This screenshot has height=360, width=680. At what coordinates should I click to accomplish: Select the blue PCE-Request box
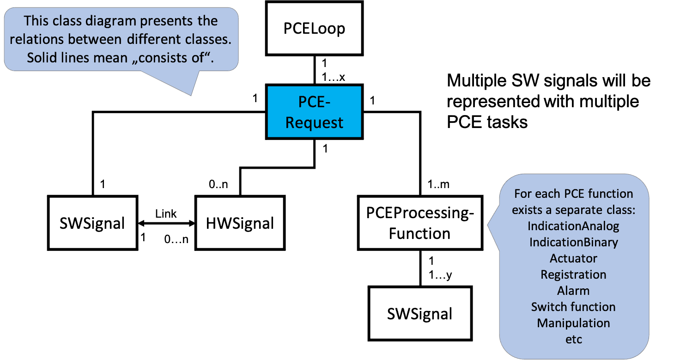(x=314, y=112)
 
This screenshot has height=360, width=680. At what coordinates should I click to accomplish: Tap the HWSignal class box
(x=239, y=223)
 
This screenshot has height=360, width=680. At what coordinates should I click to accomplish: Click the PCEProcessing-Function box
(x=419, y=223)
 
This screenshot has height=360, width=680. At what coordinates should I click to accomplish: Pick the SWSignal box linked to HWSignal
(x=92, y=223)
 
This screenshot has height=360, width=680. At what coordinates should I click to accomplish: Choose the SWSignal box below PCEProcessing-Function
(x=419, y=314)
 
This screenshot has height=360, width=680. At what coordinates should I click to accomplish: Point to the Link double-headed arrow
(x=166, y=223)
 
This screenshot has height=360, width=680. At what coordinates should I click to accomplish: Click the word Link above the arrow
(x=166, y=214)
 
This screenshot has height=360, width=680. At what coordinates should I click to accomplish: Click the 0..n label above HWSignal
(x=219, y=184)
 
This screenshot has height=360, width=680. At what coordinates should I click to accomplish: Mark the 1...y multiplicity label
(x=440, y=275)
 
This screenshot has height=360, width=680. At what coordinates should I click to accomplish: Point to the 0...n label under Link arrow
(x=176, y=240)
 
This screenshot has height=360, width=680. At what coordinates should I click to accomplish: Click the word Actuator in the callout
(x=573, y=258)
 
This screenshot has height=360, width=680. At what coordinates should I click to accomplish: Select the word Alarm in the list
(x=573, y=291)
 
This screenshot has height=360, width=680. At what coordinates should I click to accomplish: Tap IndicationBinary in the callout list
(x=573, y=242)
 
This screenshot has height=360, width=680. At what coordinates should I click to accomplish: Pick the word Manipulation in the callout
(x=573, y=323)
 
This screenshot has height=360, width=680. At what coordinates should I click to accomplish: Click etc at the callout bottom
(x=573, y=339)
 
